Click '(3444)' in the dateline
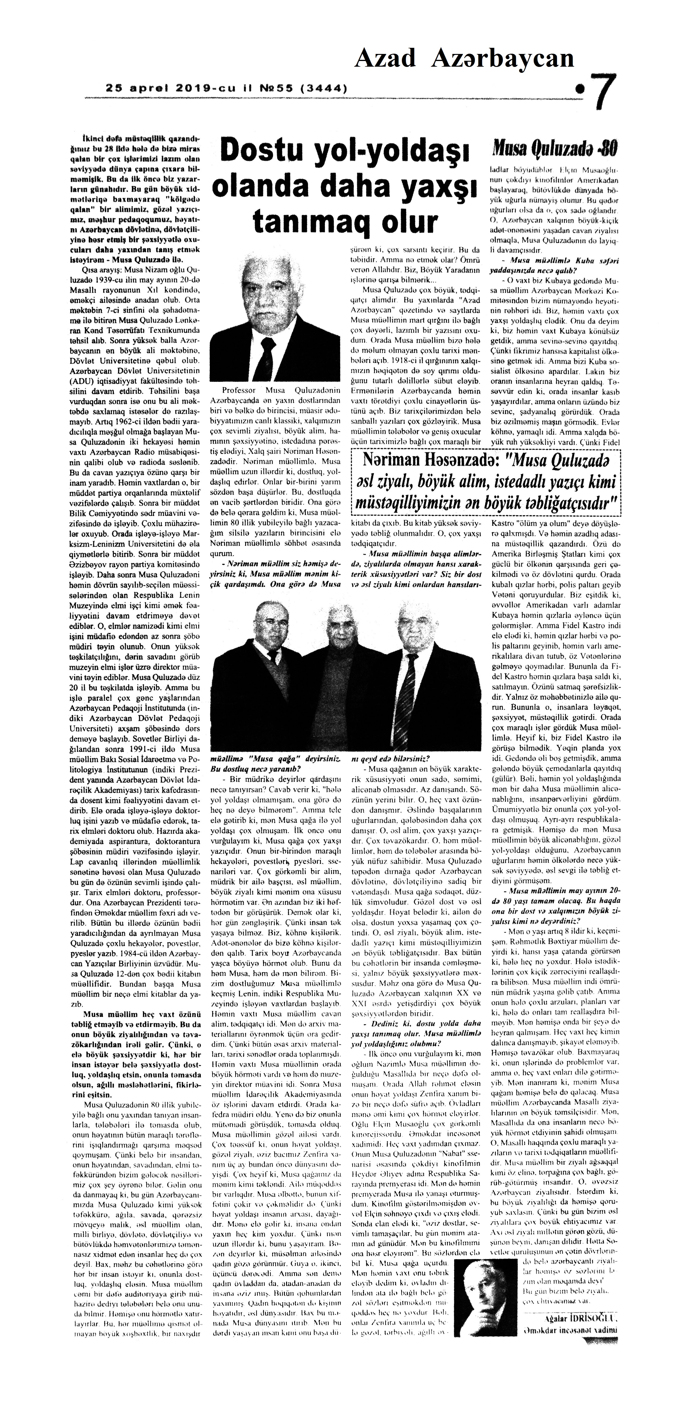click(324, 87)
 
